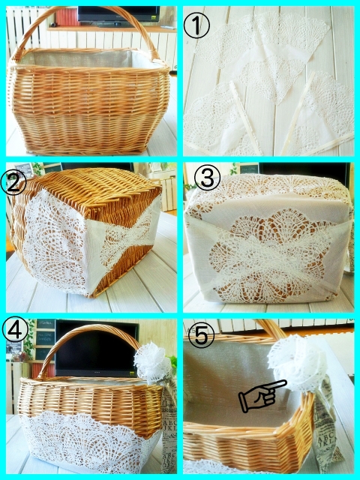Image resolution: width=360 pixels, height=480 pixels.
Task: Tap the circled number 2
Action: (13, 182)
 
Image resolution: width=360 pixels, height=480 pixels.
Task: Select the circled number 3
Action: (207, 178)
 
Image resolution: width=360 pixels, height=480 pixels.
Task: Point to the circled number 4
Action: (15, 329)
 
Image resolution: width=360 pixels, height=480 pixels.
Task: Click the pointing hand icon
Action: (262, 395)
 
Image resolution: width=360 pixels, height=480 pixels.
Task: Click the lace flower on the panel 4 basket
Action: (152, 363)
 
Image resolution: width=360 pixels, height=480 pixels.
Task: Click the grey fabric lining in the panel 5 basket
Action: (232, 382)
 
